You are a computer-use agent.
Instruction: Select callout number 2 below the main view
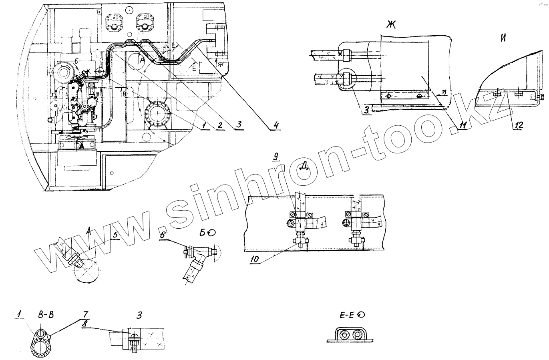[x=219, y=126]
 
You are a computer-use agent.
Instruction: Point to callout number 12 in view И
[x=518, y=125]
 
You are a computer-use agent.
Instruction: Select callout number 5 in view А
[x=115, y=235]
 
